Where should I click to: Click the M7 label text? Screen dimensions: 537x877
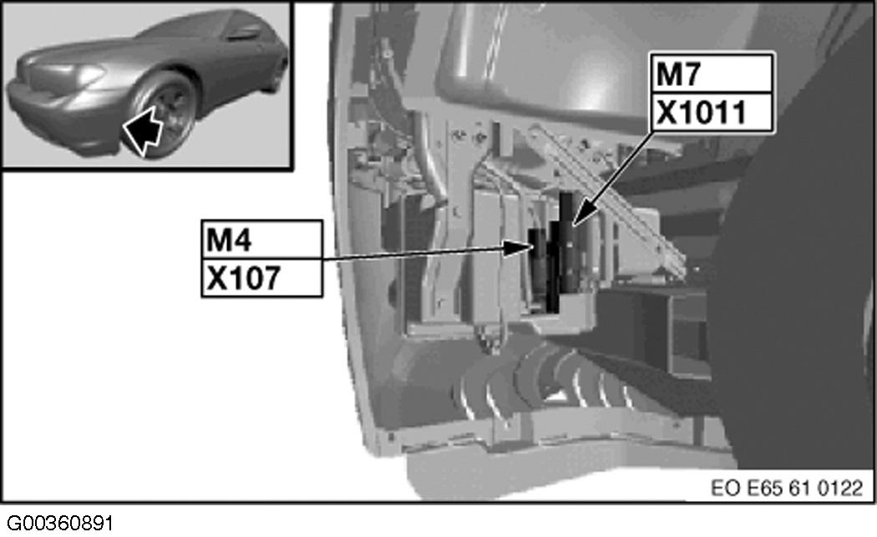tap(677, 73)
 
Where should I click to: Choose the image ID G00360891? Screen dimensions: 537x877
tap(57, 524)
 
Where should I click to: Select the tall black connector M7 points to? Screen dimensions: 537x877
tap(569, 242)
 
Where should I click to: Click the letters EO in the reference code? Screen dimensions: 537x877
tap(727, 487)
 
